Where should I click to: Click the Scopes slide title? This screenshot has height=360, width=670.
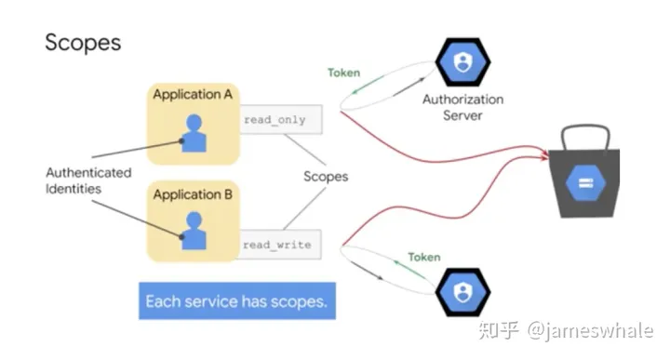point(83,44)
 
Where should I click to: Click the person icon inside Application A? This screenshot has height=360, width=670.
point(194,133)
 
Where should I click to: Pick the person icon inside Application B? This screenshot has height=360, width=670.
point(194,232)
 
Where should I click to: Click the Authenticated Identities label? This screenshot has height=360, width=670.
point(88,180)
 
